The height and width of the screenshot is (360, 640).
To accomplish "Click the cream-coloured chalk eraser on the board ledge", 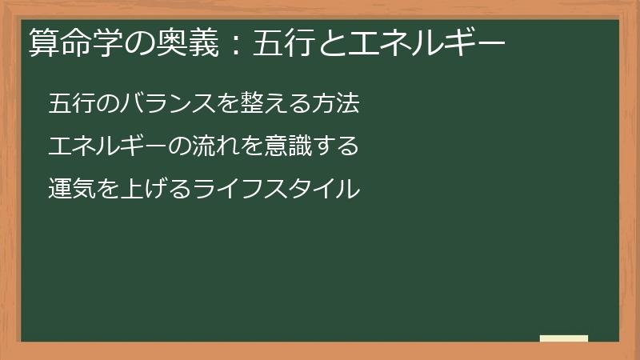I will click(x=563, y=338).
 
